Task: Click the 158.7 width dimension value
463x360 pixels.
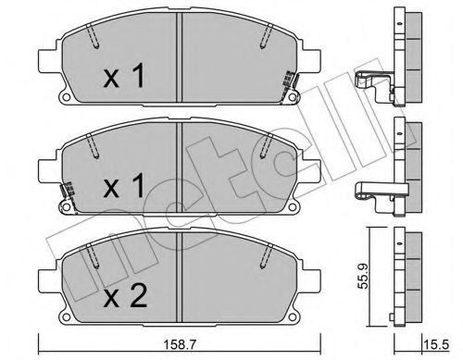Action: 179,345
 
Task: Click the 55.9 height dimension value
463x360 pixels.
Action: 363,276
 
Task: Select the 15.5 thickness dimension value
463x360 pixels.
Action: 440,345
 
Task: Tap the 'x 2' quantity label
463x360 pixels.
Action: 125,296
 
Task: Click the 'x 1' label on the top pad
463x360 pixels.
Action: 124,75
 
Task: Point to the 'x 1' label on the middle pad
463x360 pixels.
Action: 124,185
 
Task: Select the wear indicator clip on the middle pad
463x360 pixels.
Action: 69,196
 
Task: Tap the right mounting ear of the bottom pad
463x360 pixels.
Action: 311,281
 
